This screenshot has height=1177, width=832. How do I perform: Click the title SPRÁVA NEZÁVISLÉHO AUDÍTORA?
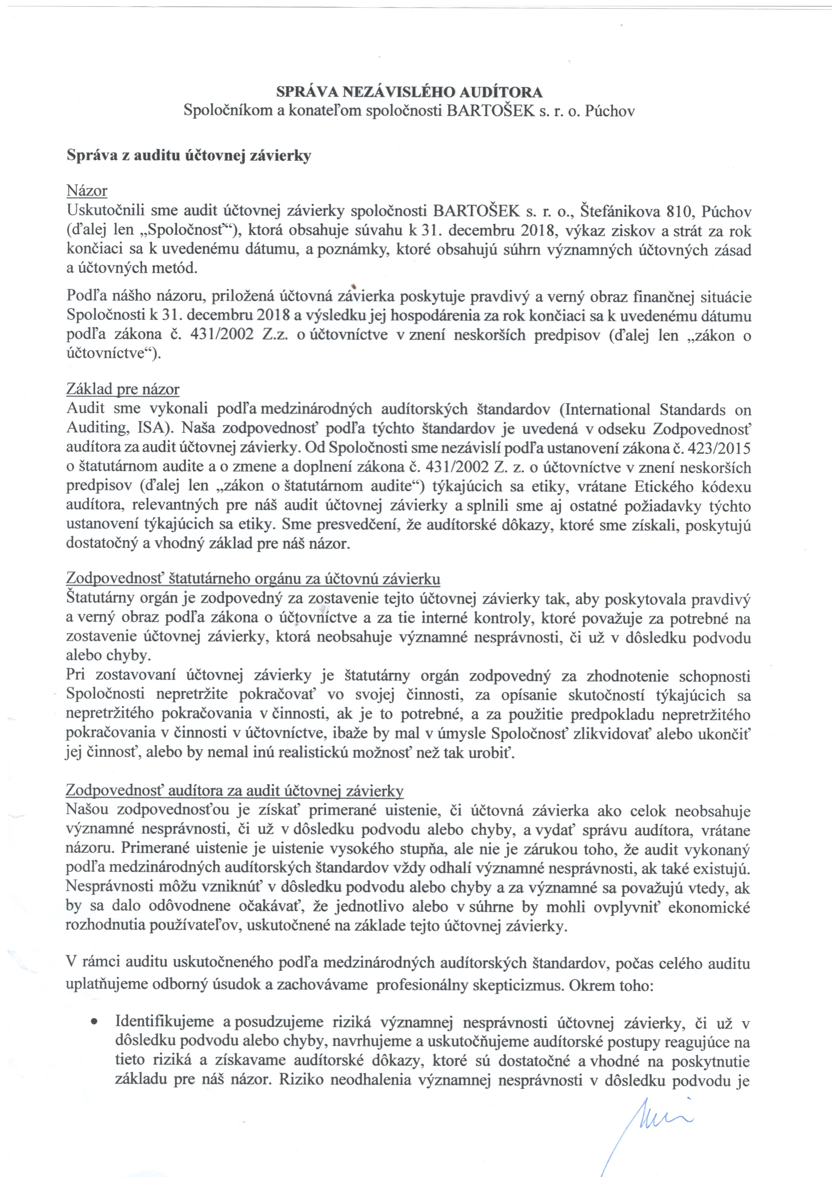[409, 92]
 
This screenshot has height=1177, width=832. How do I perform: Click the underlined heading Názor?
[87, 191]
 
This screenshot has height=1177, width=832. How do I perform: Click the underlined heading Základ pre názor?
[122, 389]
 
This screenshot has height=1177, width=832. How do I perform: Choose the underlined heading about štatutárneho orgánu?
[253, 579]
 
